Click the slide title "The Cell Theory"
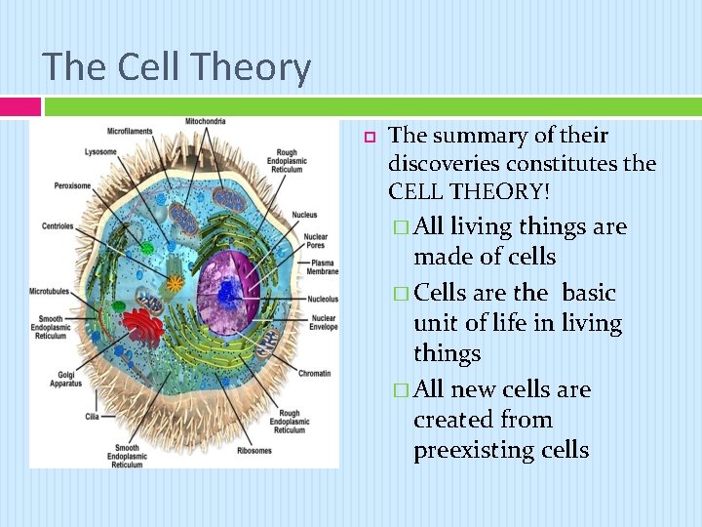pos(176,67)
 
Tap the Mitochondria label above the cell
pos(205,122)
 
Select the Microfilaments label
pos(131,131)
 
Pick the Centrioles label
pos(58,225)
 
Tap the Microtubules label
pos(50,291)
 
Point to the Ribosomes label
pos(255,451)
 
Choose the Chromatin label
pos(313,373)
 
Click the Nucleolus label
pos(323,299)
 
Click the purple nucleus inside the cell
pos(231,290)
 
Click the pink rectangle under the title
pos(19,105)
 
